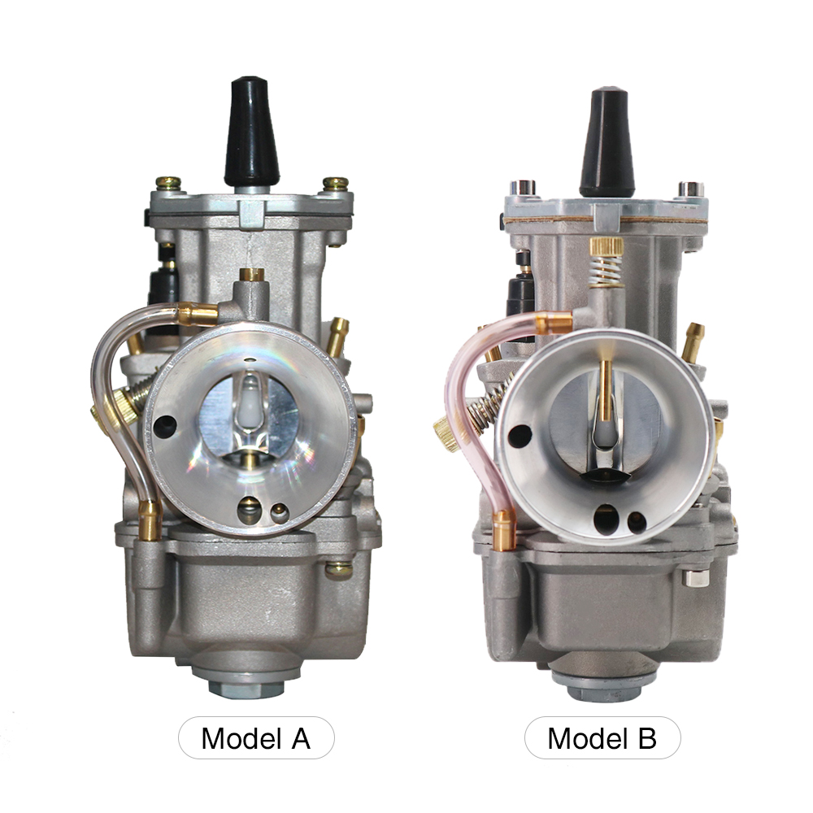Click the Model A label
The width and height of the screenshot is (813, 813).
pos(255,738)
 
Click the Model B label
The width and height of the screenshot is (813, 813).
pos(602,738)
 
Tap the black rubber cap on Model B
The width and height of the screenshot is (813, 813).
pos(606,142)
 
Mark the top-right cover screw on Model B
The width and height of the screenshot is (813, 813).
pos(690,189)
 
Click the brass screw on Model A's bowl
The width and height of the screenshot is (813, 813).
pos(338,569)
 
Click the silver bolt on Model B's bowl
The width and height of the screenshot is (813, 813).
pos(693,578)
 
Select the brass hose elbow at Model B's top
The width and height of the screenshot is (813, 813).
pos(558,322)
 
